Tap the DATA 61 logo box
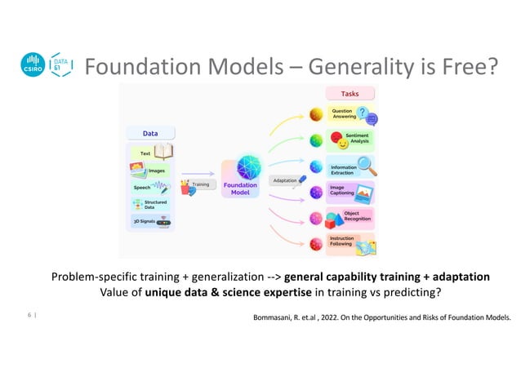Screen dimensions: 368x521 tap(60, 65)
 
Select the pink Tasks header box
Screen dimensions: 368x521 tap(350, 94)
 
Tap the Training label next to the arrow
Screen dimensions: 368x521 tap(199, 185)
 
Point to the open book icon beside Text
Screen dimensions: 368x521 tap(164, 152)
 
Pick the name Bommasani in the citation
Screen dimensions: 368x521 tap(277, 316)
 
